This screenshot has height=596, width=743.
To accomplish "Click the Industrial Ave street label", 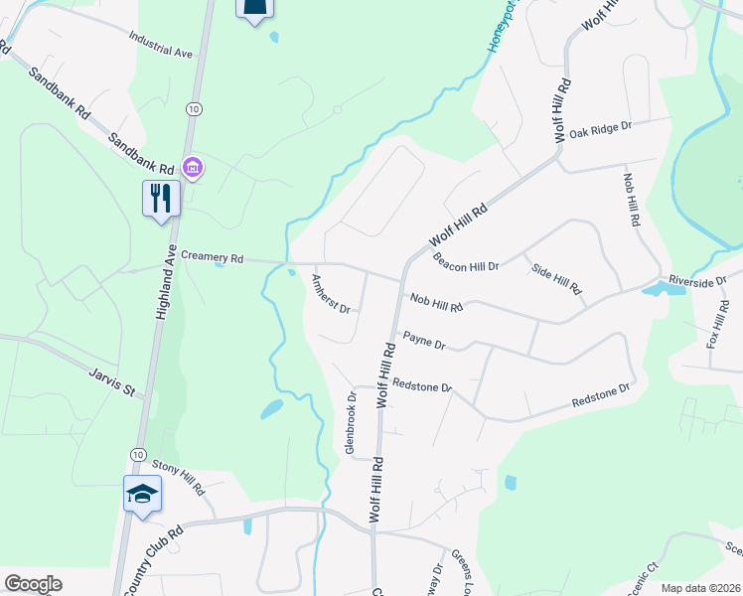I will click(160, 44).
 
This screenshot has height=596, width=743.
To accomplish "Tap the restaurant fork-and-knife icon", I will click(158, 197).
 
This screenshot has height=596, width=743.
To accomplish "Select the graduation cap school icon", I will click(142, 493).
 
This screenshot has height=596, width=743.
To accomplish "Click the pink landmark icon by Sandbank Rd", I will click(193, 169).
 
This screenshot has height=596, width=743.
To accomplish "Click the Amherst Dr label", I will click(332, 294).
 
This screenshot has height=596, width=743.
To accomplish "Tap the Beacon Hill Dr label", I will click(465, 262).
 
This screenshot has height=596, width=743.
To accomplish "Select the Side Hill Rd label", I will click(556, 280).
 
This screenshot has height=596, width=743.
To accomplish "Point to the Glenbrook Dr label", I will click(350, 423).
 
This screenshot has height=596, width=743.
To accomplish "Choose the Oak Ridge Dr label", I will click(600, 129).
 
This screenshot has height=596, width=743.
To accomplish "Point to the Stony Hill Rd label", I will click(178, 478).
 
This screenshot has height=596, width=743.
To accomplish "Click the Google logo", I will click(33, 584).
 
